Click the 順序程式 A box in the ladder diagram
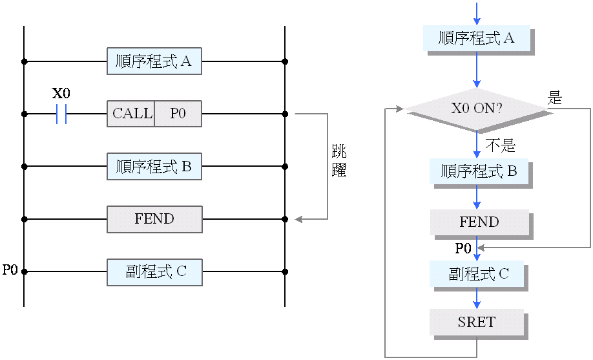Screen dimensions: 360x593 coord(154,61)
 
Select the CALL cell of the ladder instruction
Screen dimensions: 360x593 coord(131,114)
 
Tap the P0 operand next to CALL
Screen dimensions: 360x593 coord(178,114)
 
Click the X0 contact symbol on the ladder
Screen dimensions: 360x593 coord(61,114)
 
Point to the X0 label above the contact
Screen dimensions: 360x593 coord(61,93)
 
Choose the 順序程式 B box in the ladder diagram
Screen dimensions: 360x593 coord(154,166)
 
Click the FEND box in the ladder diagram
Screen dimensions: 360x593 coord(154,219)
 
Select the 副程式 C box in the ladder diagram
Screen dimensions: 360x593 coord(154,272)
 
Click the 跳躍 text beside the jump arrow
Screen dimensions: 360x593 coord(338,162)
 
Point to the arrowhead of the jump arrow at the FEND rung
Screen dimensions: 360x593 coord(298,219)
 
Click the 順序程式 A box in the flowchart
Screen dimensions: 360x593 coord(477,38)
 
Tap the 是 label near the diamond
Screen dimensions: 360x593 coord(555,98)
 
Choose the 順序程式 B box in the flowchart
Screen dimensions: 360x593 coord(479,171)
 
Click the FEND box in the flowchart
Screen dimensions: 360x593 coord(479,222)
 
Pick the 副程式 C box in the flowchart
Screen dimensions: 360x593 coord(479,274)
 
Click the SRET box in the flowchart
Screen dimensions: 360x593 coord(477,322)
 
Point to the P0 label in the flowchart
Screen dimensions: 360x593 coord(463,248)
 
